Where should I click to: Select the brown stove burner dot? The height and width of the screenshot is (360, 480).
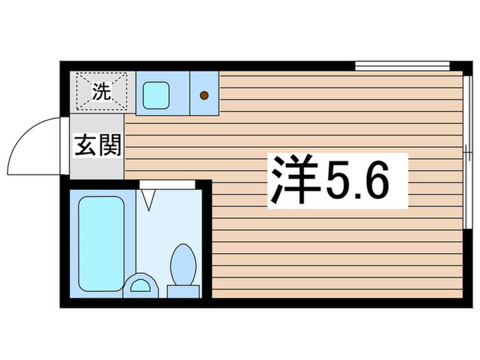click(x=204, y=95)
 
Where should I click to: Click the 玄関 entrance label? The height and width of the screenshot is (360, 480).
click(x=97, y=146)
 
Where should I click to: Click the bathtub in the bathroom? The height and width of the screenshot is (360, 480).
click(x=101, y=243)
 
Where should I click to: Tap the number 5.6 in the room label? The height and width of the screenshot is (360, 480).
click(x=363, y=180)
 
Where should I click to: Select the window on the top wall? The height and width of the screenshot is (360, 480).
click(x=400, y=67)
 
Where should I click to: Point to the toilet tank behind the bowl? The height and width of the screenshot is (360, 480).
click(x=183, y=291)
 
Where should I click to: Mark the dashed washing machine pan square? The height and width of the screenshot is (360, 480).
click(x=101, y=91)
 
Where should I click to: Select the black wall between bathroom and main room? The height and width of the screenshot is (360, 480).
click(x=207, y=240)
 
